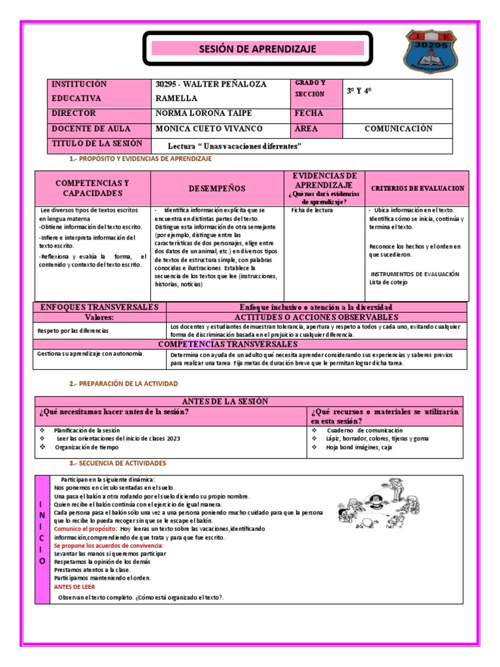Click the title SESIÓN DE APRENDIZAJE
257,49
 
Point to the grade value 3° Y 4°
359,91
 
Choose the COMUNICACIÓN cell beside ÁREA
397,129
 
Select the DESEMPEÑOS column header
217,188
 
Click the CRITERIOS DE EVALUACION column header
417,188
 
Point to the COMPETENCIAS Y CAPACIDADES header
92,188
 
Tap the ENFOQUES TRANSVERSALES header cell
100,307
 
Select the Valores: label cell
100,317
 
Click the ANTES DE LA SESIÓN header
249,401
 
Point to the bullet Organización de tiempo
87,448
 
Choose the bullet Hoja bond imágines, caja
359,448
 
